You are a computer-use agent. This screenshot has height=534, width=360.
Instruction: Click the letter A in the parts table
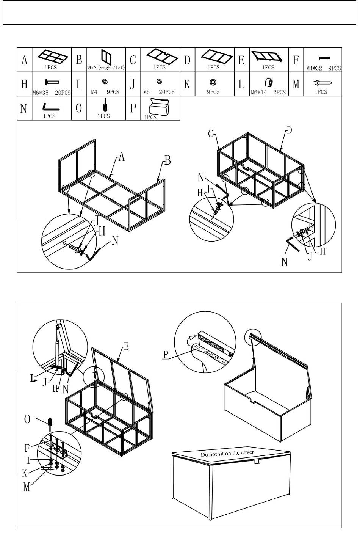25,60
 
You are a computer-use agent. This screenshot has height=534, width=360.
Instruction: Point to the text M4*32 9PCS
324,68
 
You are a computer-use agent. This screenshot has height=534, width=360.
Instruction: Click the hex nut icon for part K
213,82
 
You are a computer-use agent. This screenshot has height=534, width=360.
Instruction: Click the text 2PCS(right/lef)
106,68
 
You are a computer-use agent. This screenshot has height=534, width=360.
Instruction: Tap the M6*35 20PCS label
51,92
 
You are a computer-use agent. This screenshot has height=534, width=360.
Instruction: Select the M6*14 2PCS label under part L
268,92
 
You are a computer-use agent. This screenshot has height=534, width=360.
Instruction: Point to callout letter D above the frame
289,131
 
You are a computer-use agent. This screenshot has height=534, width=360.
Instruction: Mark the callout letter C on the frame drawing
211,133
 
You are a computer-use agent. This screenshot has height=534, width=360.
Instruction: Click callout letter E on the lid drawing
126,346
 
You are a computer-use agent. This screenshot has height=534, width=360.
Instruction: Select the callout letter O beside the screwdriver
27,419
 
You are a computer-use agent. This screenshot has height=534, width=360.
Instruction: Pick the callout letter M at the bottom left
27,487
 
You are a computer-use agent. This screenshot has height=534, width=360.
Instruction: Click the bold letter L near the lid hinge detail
33,377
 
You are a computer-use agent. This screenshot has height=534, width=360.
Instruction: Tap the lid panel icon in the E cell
268,57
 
